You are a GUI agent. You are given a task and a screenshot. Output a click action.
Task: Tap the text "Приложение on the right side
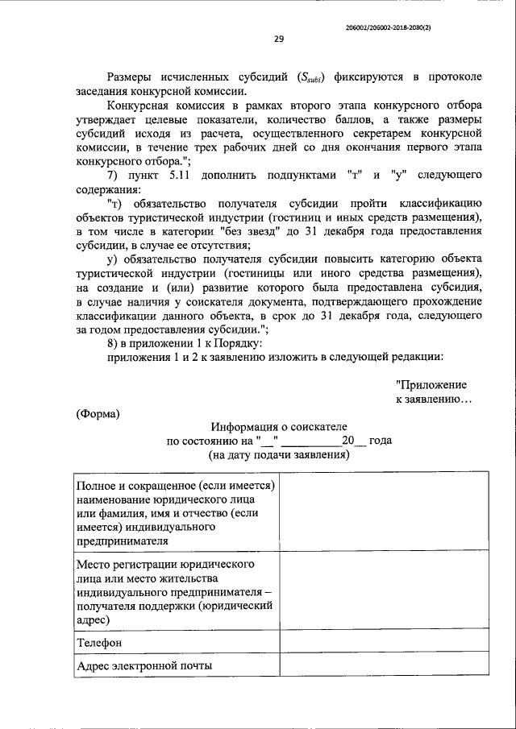pyautogui.click(x=431, y=385)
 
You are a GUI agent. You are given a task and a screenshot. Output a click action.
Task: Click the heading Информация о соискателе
pyautogui.click(x=279, y=426)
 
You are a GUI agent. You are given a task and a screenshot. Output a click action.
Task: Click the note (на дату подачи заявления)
pyautogui.click(x=278, y=454)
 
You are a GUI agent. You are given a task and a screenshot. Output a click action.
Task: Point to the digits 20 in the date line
pyautogui.click(x=348, y=441)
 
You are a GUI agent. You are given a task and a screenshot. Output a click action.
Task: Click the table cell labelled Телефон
pyautogui.click(x=99, y=643)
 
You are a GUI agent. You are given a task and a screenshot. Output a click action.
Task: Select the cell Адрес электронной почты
pyautogui.click(x=145, y=666)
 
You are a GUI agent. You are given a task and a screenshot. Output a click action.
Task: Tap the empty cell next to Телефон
pyautogui.click(x=383, y=643)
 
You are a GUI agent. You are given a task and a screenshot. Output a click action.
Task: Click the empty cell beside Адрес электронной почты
pyautogui.click(x=383, y=666)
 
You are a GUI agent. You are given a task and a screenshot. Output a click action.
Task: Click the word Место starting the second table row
pyautogui.click(x=94, y=563)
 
